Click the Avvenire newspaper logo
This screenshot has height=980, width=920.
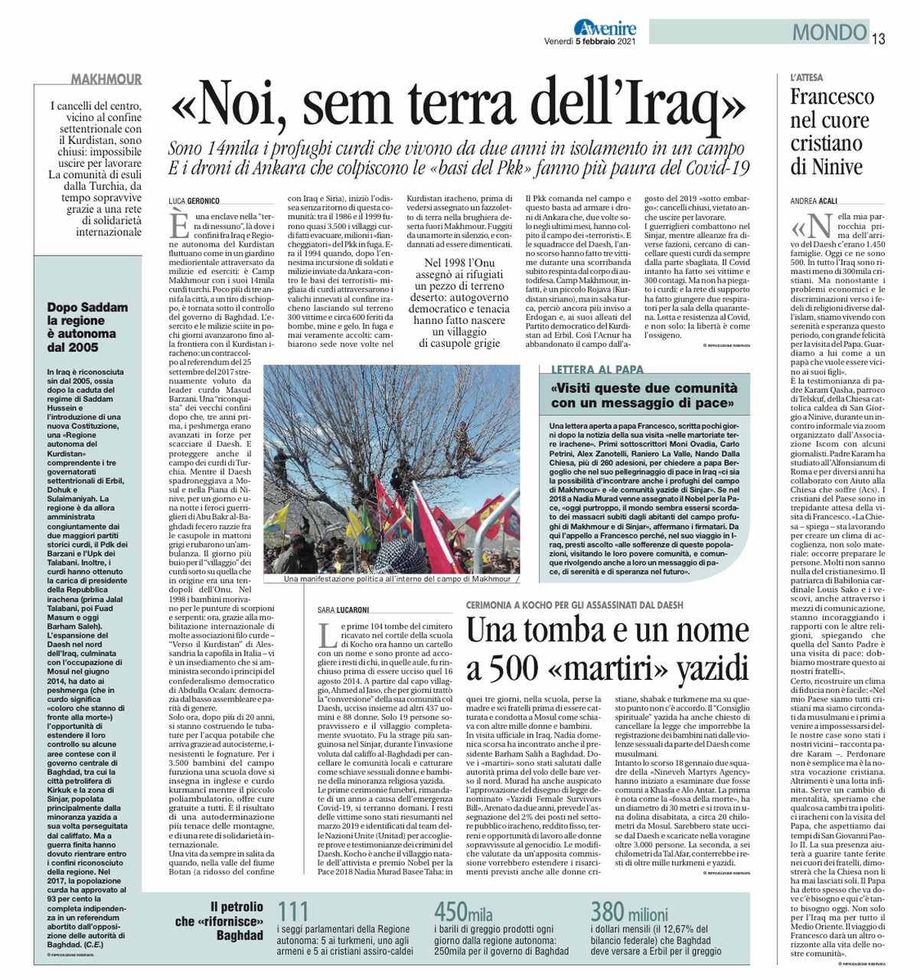tap(605, 28)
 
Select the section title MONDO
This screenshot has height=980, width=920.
tap(829, 33)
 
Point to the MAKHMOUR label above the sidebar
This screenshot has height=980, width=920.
tap(106, 80)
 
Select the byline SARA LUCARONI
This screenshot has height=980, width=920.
tap(344, 610)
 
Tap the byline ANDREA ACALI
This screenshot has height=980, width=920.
tap(814, 201)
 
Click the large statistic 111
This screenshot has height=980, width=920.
tap(293, 912)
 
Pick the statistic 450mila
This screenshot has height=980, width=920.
tap(464, 912)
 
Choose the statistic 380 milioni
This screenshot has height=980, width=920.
tap(629, 912)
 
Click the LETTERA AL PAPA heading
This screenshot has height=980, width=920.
tap(598, 370)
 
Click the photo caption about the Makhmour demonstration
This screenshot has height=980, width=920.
tap(397, 580)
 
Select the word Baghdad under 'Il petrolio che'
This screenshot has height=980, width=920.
tap(240, 935)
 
